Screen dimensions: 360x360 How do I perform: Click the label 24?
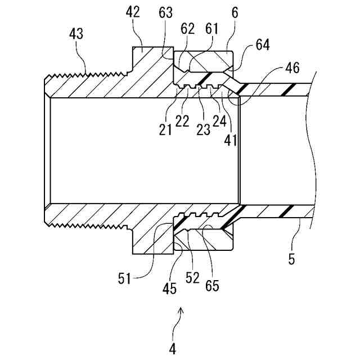click(219, 121)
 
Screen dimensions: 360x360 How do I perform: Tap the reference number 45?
click(169, 289)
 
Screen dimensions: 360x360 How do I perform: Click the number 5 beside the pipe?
click(291, 260)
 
